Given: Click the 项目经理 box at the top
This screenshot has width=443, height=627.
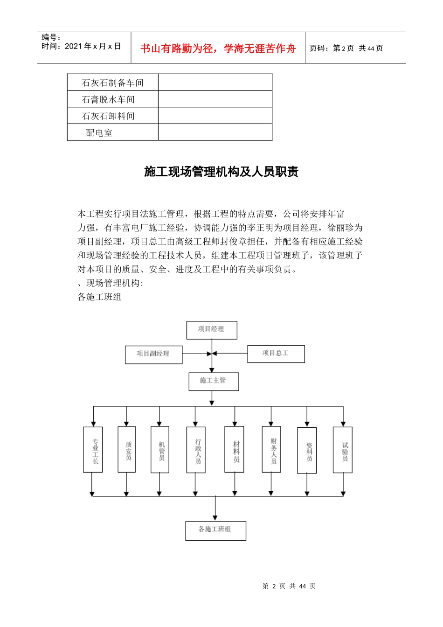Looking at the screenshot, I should pos(212,330).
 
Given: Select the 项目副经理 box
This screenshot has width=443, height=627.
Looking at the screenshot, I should pos(153,355).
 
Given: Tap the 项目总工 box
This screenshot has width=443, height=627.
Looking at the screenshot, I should pos(276,354).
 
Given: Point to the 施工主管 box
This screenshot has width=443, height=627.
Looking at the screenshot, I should pos(214,381).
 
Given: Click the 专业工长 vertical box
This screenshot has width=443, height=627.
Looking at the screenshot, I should pos(93,450).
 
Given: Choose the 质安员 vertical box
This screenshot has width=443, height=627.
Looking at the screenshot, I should pos(127,449).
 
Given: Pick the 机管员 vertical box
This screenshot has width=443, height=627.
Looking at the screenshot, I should pos(160,449).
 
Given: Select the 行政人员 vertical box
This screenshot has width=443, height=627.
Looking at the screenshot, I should pos(196,450).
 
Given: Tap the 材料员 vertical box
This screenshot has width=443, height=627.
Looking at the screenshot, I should pos(234,450).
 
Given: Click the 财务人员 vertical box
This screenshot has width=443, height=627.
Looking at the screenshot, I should pos(271,449).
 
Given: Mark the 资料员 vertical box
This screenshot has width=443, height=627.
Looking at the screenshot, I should pos(307,450).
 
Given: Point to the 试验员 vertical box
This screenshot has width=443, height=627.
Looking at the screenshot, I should pos(343,450).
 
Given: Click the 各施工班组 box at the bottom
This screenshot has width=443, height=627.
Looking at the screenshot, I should pos(215,530).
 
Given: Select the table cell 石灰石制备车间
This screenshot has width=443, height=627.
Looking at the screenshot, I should pos(113,83).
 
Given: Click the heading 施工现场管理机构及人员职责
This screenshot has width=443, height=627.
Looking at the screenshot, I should pos(221,172).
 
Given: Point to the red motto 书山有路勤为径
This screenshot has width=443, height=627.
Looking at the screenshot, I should pos(218,49).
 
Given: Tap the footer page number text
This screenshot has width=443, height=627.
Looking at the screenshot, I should pos(289,586).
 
